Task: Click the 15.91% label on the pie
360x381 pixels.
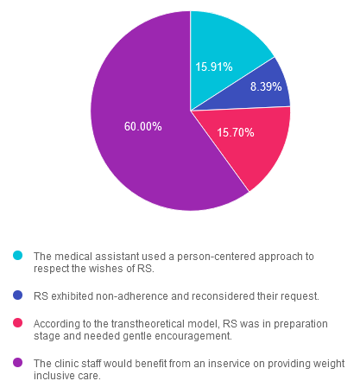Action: tap(214, 67)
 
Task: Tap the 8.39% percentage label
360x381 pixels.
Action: tap(266, 86)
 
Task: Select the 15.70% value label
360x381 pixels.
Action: tap(236, 132)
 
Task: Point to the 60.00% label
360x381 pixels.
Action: tap(142, 126)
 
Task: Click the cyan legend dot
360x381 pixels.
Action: tap(18, 256)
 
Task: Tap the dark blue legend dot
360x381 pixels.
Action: tap(18, 295)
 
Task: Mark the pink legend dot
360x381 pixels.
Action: tap(18, 323)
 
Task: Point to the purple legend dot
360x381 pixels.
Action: tap(18, 363)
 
